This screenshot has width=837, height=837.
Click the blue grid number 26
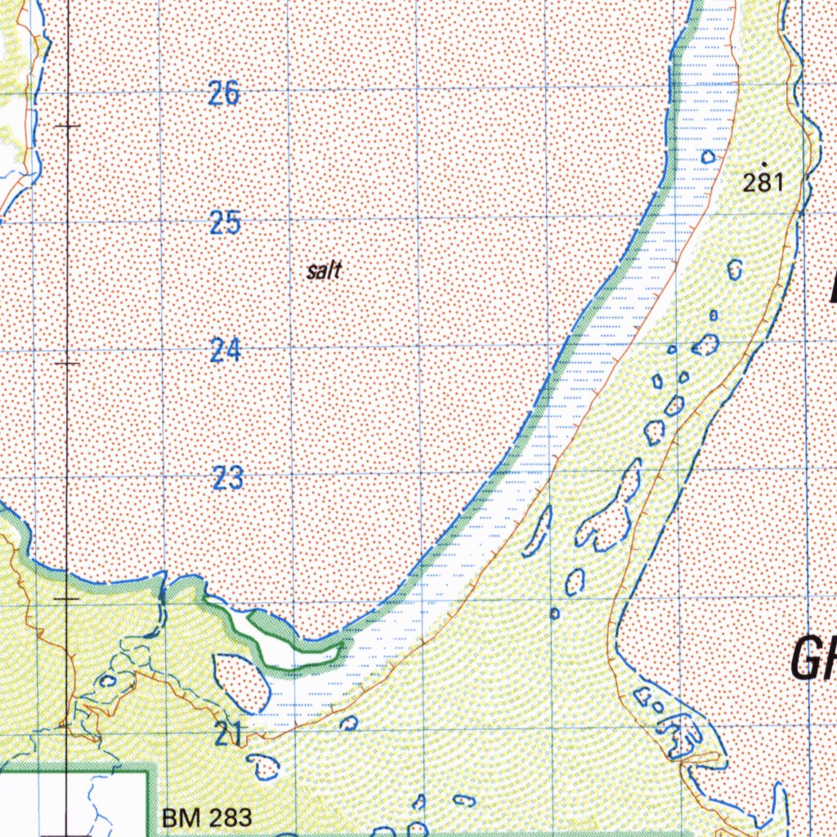click(224, 94)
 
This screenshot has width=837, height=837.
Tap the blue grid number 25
click(224, 222)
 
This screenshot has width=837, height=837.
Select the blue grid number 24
click(225, 351)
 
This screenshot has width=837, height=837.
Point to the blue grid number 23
click(227, 478)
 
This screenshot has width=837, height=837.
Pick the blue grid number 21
click(228, 736)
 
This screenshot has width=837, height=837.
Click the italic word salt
click(324, 271)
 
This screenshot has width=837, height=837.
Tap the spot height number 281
click(763, 182)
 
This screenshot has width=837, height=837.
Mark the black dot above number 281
click(763, 164)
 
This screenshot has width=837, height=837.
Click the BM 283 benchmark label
click(207, 817)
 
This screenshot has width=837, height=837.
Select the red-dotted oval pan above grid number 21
click(242, 682)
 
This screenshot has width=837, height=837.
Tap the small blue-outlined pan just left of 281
click(708, 156)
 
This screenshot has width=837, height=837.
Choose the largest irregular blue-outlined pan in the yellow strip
click(609, 515)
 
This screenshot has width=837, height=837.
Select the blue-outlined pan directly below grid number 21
click(264, 766)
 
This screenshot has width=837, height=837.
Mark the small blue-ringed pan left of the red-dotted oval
click(107, 680)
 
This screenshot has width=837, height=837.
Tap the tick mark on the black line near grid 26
click(68, 126)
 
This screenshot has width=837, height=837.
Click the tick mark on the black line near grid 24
click(68, 363)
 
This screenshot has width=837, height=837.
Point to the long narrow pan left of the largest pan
click(539, 529)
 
